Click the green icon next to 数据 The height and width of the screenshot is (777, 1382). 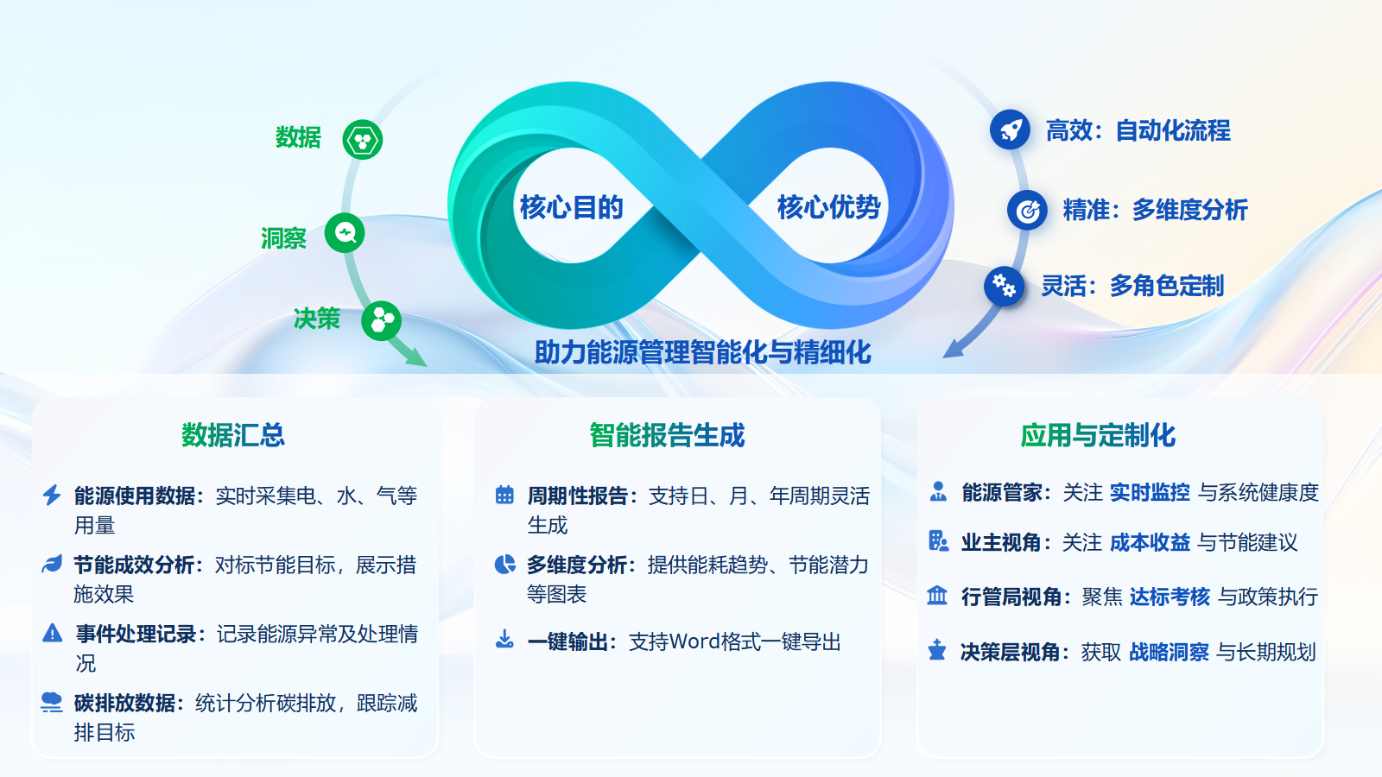363,140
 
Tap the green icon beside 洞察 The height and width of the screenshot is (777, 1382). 345,233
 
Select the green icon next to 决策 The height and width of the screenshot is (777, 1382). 381,321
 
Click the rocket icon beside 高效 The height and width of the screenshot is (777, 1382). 1010,130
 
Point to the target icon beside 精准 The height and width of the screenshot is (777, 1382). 1027,210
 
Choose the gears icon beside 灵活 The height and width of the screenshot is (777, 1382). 1004,286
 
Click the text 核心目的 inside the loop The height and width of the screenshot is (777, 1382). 571,207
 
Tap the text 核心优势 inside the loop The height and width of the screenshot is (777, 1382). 828,207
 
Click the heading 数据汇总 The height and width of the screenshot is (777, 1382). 233,435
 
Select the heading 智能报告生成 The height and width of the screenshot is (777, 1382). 667,435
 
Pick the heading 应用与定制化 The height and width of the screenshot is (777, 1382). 1098,435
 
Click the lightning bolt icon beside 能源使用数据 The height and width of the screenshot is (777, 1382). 52,495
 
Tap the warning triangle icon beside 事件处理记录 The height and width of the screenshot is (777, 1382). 52,633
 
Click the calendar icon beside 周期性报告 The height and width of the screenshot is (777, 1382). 504,495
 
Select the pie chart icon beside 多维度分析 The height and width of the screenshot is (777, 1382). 504,565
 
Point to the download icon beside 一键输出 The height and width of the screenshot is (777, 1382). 504,640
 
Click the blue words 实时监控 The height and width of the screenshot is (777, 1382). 1150,492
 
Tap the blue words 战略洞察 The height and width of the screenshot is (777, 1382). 1169,652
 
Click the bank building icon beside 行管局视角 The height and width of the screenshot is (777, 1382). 937,596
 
